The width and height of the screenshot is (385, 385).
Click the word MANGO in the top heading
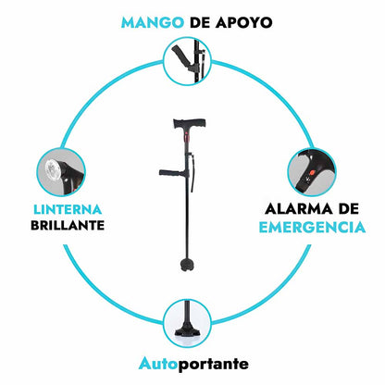pos(153,22)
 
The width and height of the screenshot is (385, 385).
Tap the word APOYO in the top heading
pos(243,22)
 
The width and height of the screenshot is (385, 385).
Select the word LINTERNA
pos(68,210)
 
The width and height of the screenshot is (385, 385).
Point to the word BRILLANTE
pos(68,226)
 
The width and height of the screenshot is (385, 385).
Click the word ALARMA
pos(299,209)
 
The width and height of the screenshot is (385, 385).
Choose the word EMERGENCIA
pos(312,228)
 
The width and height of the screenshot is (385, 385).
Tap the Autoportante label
pos(193,364)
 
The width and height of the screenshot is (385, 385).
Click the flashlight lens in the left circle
pos(52,169)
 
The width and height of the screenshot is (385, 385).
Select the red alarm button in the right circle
pos(311,172)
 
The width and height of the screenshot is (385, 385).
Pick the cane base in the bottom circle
pos(187,330)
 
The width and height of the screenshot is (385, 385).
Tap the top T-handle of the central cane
pos(190,123)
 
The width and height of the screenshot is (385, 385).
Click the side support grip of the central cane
pos(172,173)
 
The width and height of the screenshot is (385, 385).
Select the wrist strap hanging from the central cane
pos(192,174)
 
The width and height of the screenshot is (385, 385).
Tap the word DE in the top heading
pos(199,22)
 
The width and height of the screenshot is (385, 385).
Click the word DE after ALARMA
pos(349,209)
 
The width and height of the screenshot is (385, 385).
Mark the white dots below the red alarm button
pos(307,180)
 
